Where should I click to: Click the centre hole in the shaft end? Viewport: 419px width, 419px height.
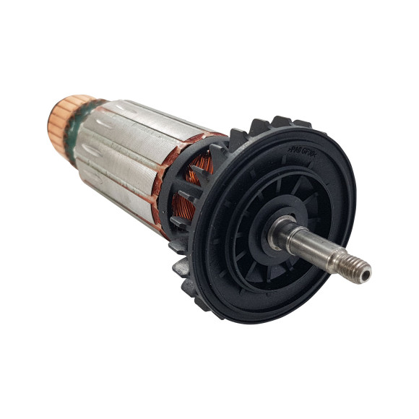point(366,273)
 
